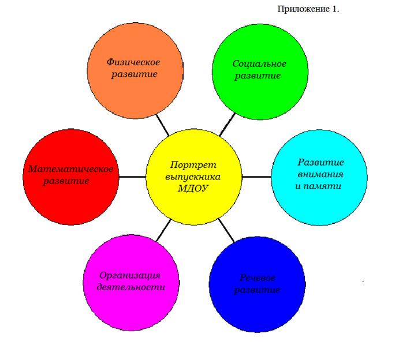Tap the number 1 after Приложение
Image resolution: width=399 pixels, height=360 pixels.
click(x=335, y=9)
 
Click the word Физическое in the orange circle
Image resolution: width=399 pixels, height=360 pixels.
click(x=133, y=62)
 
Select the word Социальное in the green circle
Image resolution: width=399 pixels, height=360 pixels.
click(x=259, y=63)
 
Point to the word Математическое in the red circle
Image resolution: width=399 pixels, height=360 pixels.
click(x=71, y=169)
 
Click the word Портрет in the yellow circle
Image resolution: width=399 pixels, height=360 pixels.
click(x=193, y=165)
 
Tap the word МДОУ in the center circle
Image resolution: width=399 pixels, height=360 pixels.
click(x=193, y=189)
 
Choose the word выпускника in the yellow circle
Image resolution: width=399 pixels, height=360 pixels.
click(x=193, y=177)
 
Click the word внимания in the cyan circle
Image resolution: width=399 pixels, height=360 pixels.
click(x=320, y=174)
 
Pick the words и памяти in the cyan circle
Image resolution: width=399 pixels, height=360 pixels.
click(x=318, y=186)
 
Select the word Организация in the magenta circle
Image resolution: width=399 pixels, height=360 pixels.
click(x=130, y=276)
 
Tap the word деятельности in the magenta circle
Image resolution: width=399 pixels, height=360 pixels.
click(x=131, y=287)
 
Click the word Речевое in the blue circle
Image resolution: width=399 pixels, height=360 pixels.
click(x=258, y=277)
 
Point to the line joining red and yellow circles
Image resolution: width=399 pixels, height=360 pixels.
click(x=133, y=177)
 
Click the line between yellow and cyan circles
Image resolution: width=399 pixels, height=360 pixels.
click(x=256, y=177)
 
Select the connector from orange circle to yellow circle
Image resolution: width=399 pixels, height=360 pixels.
click(x=162, y=125)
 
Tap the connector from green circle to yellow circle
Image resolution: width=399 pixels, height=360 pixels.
click(x=228, y=125)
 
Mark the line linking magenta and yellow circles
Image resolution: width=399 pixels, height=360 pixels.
click(x=163, y=230)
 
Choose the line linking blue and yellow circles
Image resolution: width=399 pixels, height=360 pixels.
click(x=226, y=230)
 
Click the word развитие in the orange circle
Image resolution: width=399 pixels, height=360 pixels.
click(x=135, y=74)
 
